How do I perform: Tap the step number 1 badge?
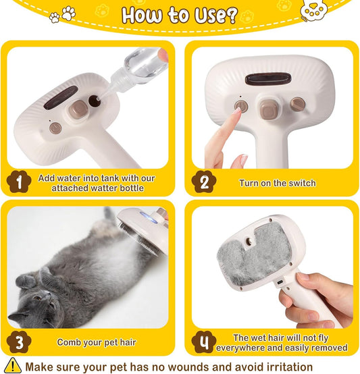click(19, 181)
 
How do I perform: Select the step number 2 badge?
click(204, 182)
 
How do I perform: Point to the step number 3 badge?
click(19, 342)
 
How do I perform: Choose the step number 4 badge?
click(204, 342)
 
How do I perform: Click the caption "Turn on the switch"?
click(277, 183)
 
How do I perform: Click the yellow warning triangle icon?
click(12, 366)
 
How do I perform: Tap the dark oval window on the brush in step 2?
click(267, 80)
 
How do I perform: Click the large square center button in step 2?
click(268, 106)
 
